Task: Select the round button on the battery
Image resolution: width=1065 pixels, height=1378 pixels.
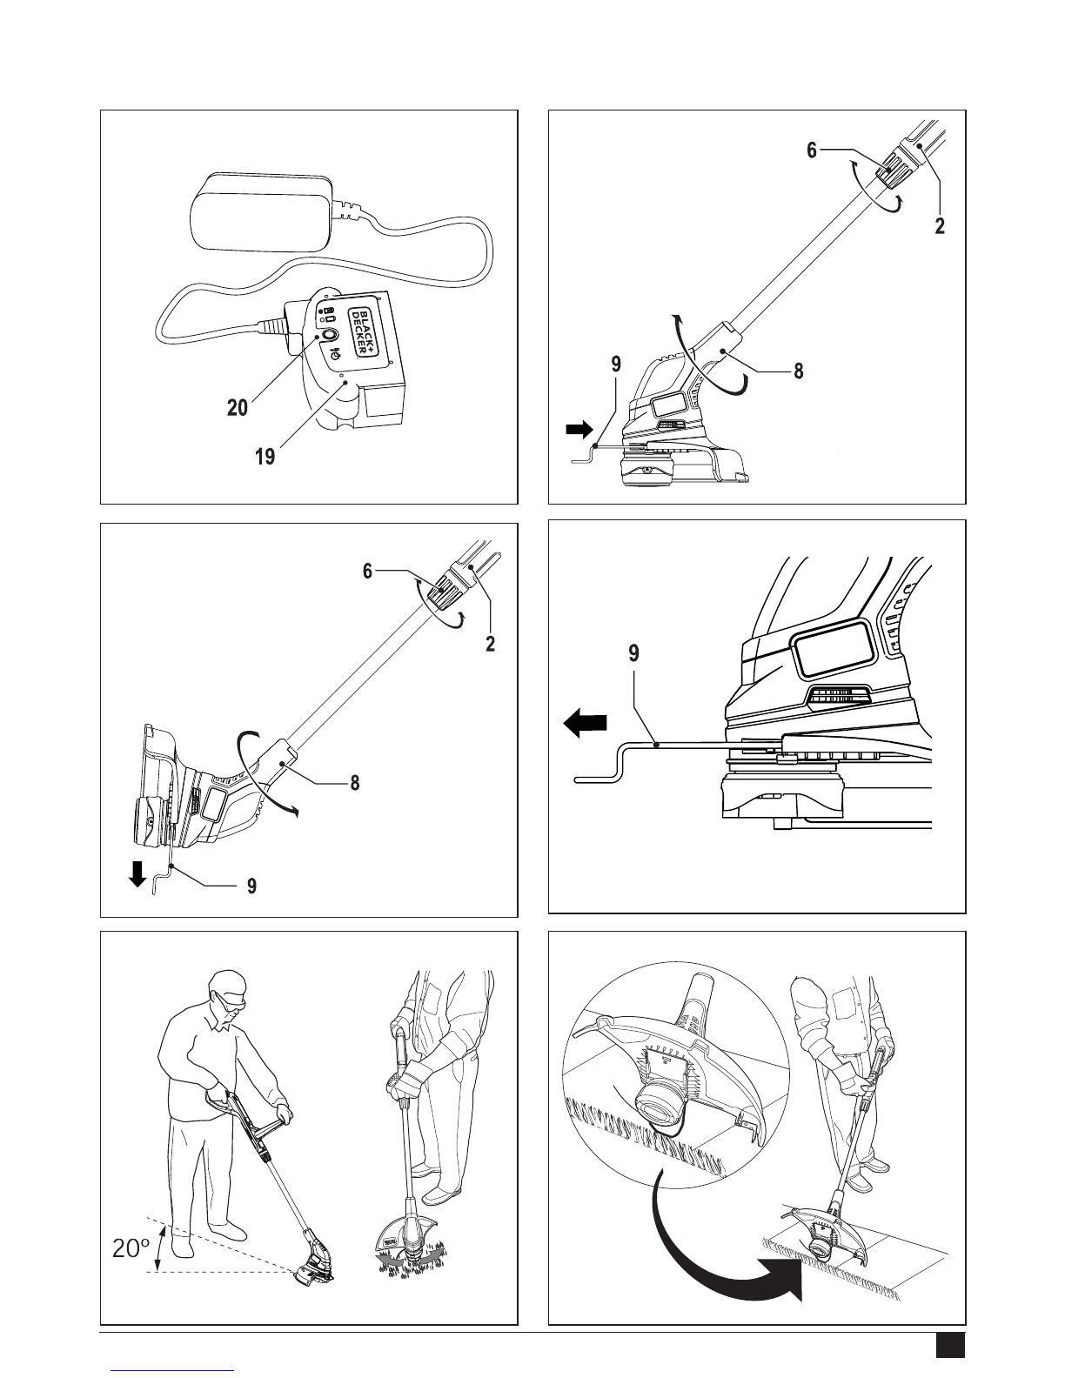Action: click(328, 336)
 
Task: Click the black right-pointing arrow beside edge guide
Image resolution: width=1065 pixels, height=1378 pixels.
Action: click(578, 428)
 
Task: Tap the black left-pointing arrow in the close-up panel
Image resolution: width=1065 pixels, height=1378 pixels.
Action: click(583, 721)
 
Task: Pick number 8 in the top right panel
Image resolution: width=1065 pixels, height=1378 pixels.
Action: click(798, 371)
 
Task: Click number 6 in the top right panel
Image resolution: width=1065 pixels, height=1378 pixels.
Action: click(812, 150)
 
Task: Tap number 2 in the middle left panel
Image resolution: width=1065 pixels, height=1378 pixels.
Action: click(491, 646)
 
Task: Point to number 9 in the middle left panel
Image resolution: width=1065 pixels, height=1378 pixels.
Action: click(251, 886)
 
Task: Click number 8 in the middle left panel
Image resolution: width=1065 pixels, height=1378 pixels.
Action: click(354, 782)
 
